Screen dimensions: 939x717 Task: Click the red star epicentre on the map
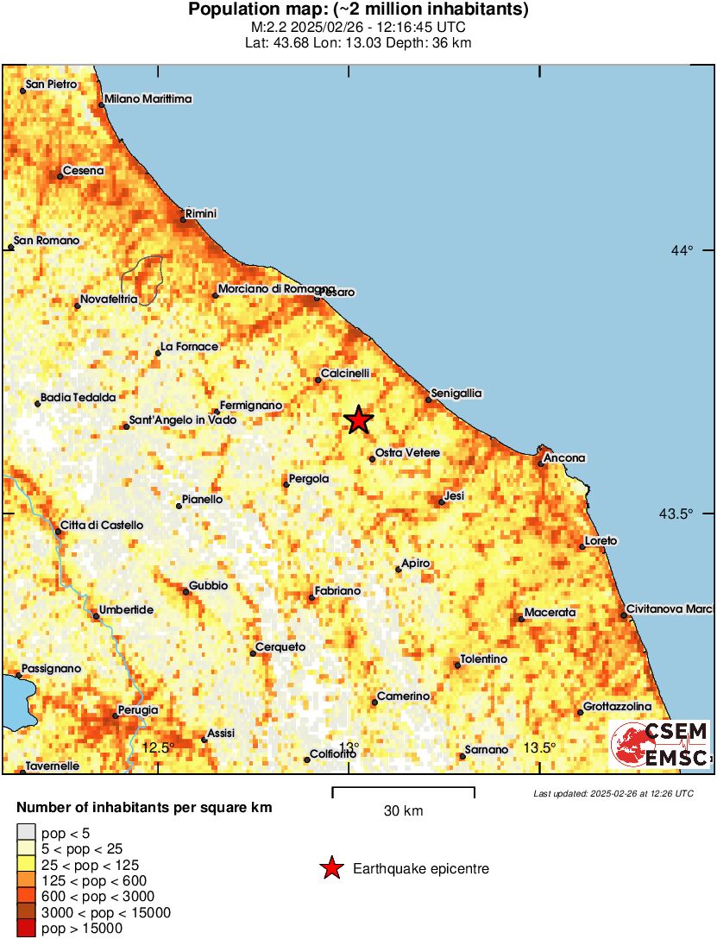358,420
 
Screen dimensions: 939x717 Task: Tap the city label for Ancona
564,458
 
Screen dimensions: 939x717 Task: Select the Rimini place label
202,213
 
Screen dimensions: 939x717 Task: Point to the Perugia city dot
116,715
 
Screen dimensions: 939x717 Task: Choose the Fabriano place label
338,591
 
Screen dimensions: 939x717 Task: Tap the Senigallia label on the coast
457,394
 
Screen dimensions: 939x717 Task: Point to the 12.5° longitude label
158,747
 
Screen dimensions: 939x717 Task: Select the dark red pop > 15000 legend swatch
27,929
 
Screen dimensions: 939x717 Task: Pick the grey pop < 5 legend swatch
27,833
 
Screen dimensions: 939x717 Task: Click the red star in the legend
331,869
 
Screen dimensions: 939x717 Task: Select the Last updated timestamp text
613,793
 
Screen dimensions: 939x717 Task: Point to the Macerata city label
550,612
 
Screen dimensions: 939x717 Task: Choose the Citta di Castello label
102,525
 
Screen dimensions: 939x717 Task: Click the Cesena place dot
60,176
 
